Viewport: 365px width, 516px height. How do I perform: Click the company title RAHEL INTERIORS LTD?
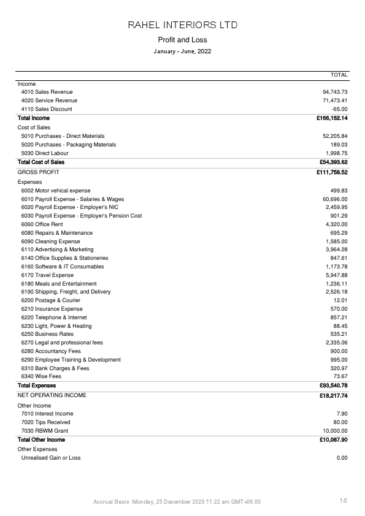[182, 25]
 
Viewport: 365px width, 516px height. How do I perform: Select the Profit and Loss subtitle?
[182, 40]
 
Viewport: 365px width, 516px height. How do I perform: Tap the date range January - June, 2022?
[182, 51]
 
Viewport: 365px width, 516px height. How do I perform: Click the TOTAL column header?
[339, 75]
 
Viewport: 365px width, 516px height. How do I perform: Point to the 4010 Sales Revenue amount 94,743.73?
[335, 92]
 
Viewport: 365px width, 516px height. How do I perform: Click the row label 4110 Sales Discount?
[47, 109]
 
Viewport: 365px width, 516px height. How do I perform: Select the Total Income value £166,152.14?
[332, 118]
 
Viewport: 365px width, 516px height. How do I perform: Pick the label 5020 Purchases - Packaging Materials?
[69, 145]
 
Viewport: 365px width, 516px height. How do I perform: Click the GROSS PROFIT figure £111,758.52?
[332, 173]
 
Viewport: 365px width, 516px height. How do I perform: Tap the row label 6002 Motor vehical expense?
[56, 191]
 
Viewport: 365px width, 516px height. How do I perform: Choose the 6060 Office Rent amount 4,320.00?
[337, 224]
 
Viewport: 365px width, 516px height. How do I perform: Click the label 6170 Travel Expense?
[47, 275]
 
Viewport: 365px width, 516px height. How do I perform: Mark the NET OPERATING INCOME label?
[52, 395]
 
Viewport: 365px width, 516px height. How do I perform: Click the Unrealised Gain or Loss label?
[51, 458]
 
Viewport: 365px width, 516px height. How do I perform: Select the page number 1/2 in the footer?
[344, 501]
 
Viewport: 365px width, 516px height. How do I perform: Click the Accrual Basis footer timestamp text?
[177, 502]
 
